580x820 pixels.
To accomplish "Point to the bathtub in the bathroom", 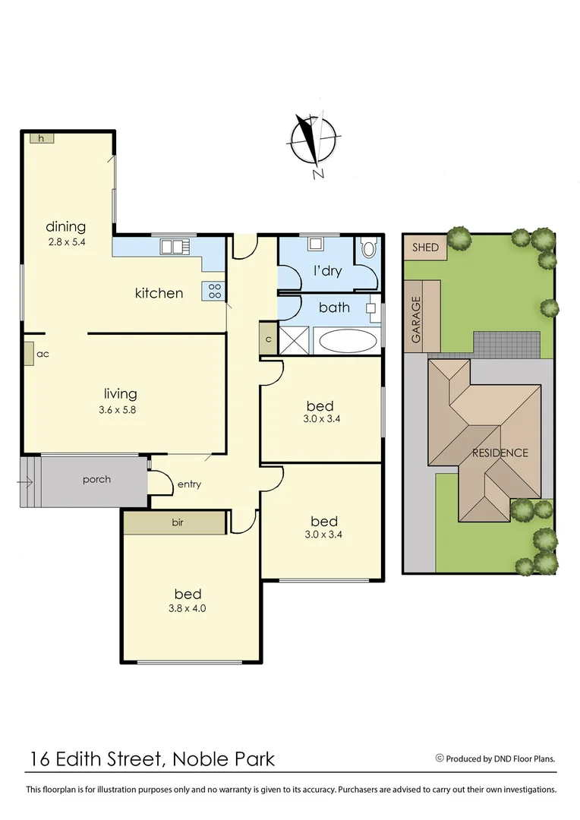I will pyautogui.click(x=347, y=340).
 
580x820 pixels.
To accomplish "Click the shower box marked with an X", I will pyautogui.click(x=294, y=339).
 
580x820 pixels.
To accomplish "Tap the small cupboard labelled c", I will pyautogui.click(x=268, y=339).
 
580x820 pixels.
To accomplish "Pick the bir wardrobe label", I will pyautogui.click(x=178, y=522).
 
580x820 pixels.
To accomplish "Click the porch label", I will pyautogui.click(x=96, y=479).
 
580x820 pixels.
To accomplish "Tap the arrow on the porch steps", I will pyautogui.click(x=27, y=481).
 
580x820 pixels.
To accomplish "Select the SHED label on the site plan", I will pyautogui.click(x=425, y=248).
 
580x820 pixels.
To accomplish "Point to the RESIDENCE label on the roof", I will pyautogui.click(x=500, y=453).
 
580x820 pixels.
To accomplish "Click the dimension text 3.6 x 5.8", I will pyautogui.click(x=121, y=409).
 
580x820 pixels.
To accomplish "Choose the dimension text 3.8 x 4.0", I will pyautogui.click(x=188, y=608).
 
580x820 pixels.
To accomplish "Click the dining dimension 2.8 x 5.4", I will pyautogui.click(x=66, y=241).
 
